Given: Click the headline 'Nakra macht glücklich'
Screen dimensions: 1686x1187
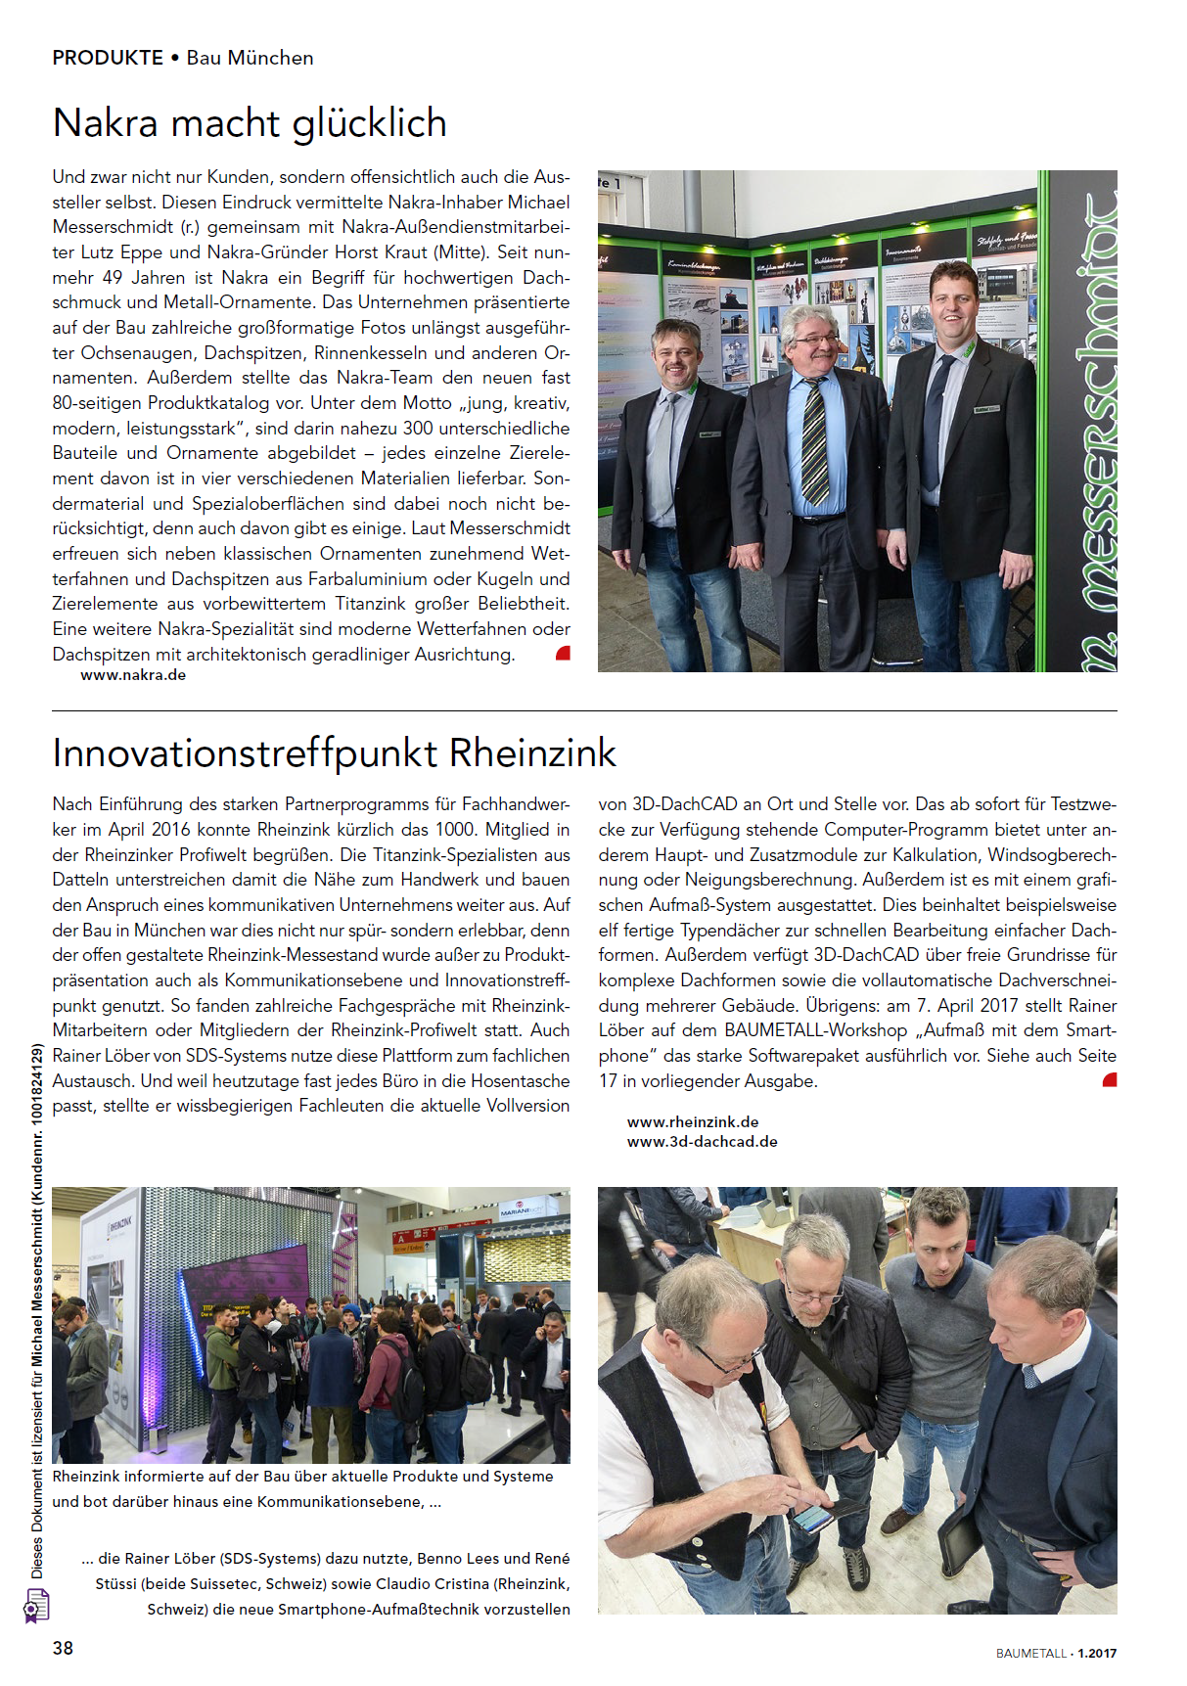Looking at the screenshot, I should (250, 124).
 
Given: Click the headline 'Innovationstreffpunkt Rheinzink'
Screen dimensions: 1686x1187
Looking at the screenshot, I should (334, 753).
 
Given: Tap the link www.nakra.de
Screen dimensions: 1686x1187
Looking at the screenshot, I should (133, 675).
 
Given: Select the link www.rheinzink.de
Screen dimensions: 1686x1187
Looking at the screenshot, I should (693, 1122).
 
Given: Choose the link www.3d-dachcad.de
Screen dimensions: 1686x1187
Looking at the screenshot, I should (702, 1142).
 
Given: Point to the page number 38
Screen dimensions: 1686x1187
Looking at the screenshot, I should (63, 1648).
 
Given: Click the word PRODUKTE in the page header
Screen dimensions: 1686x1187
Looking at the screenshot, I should (108, 58).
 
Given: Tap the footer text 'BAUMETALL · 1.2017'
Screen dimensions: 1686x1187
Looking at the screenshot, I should (1056, 1654).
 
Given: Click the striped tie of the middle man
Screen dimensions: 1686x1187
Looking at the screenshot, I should (813, 440).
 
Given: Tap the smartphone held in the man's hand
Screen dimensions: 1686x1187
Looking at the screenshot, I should (812, 1517).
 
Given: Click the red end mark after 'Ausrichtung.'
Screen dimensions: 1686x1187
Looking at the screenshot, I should (563, 654).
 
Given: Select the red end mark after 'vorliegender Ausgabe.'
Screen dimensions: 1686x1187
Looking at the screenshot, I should (1110, 1080).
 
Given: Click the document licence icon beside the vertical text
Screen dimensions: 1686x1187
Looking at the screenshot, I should (36, 1606).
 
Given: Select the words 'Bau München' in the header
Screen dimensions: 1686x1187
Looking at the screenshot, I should (250, 58).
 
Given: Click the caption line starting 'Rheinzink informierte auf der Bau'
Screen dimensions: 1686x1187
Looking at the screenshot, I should (302, 1477).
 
